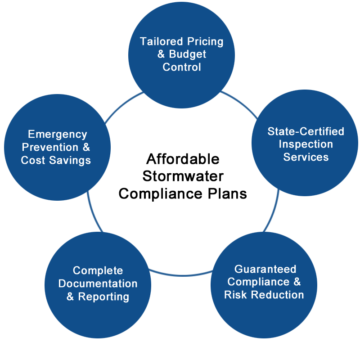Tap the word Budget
point(187,54)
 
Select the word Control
point(182,67)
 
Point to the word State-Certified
point(306,131)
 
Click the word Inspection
point(306,144)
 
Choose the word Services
point(306,157)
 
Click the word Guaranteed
point(265,269)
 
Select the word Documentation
point(98,283)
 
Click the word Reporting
point(103,297)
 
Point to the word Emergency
point(58,135)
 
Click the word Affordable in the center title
point(183,159)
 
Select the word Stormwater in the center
point(183,176)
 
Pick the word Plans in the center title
point(227,194)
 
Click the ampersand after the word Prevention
point(86,147)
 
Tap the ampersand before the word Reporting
point(70,297)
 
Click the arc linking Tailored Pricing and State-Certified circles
point(240,103)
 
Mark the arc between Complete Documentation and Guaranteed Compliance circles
point(181,274)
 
